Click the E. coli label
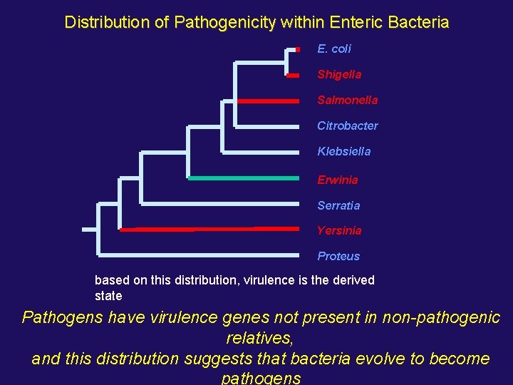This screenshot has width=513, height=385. [x=334, y=48]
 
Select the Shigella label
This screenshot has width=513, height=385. [x=339, y=74]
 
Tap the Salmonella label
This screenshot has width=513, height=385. [x=347, y=100]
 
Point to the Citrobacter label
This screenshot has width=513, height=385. [x=347, y=125]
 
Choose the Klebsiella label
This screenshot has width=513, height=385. [x=343, y=151]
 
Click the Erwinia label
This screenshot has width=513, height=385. [x=337, y=180]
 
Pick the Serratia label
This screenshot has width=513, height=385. [x=338, y=205]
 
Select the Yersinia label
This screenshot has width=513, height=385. [x=339, y=230]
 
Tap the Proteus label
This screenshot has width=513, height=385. [x=338, y=256]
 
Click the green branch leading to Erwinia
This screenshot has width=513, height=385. [x=242, y=178]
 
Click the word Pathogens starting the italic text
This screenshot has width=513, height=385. [x=63, y=317]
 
